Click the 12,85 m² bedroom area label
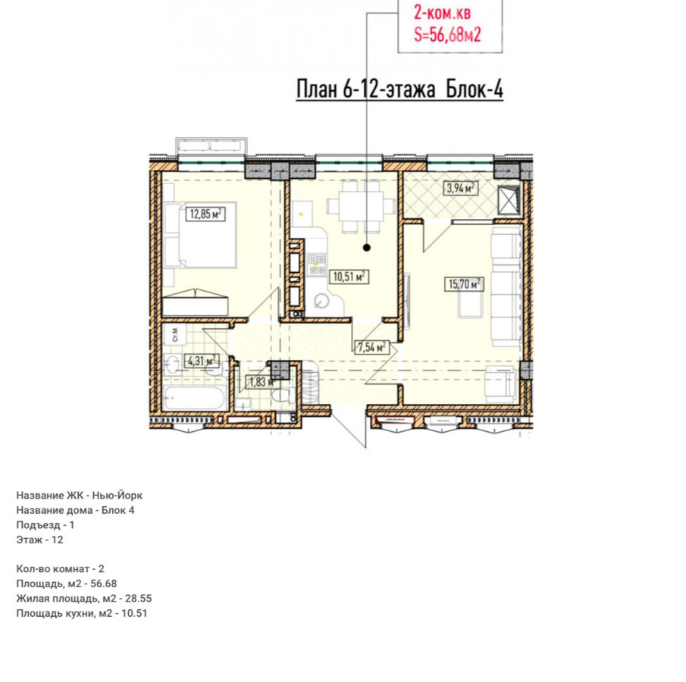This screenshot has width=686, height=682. click(205, 214)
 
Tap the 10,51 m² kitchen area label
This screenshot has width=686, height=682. click(349, 277)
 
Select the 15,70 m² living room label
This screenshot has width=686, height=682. click(464, 284)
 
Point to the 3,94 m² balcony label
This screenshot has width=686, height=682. click(460, 189)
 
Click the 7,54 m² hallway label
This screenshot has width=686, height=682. click(371, 347)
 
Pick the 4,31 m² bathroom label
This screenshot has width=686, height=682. click(202, 361)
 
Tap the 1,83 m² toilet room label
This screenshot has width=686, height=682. click(262, 382)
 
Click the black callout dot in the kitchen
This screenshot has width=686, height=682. click(367, 248)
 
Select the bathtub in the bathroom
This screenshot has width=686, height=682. click(195, 398)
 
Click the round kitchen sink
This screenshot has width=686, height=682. click(323, 300)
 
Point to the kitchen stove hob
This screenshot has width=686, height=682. click(316, 264)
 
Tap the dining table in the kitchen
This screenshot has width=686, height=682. click(362, 206)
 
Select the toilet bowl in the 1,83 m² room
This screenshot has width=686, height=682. click(280, 396)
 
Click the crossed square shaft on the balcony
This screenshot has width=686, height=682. click(509, 200)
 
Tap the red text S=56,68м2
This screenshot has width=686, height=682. click(447, 35)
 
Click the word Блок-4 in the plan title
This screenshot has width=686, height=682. click(475, 89)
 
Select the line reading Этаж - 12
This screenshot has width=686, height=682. click(40, 540)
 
